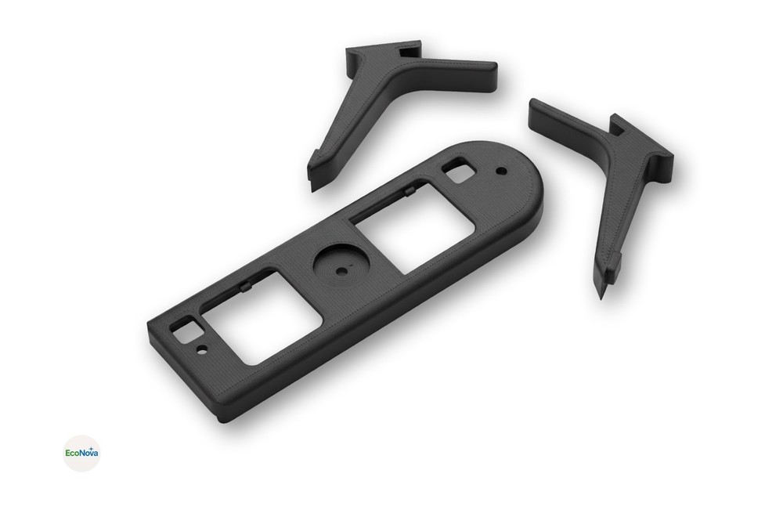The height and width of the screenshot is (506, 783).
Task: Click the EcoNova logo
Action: (x=81, y=453)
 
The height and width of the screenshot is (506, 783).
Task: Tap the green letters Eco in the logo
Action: (x=72, y=453)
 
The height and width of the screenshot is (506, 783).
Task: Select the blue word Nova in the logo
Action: (x=88, y=453)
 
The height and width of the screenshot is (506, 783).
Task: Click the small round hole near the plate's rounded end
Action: (x=500, y=169)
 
